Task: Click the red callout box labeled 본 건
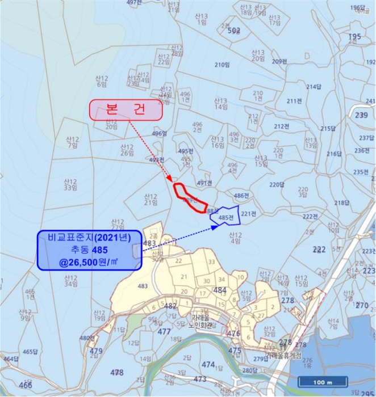pos(126,110)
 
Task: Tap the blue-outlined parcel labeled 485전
pos(225,217)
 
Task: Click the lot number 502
pos(234,31)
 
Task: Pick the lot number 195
pos(354,37)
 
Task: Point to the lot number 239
pos(361,115)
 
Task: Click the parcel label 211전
pos(294,101)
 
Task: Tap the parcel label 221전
pos(249,213)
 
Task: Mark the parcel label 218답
pos(342,202)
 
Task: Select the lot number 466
pos(26,385)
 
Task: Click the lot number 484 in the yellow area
pos(220,290)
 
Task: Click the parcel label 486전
pos(242,196)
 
